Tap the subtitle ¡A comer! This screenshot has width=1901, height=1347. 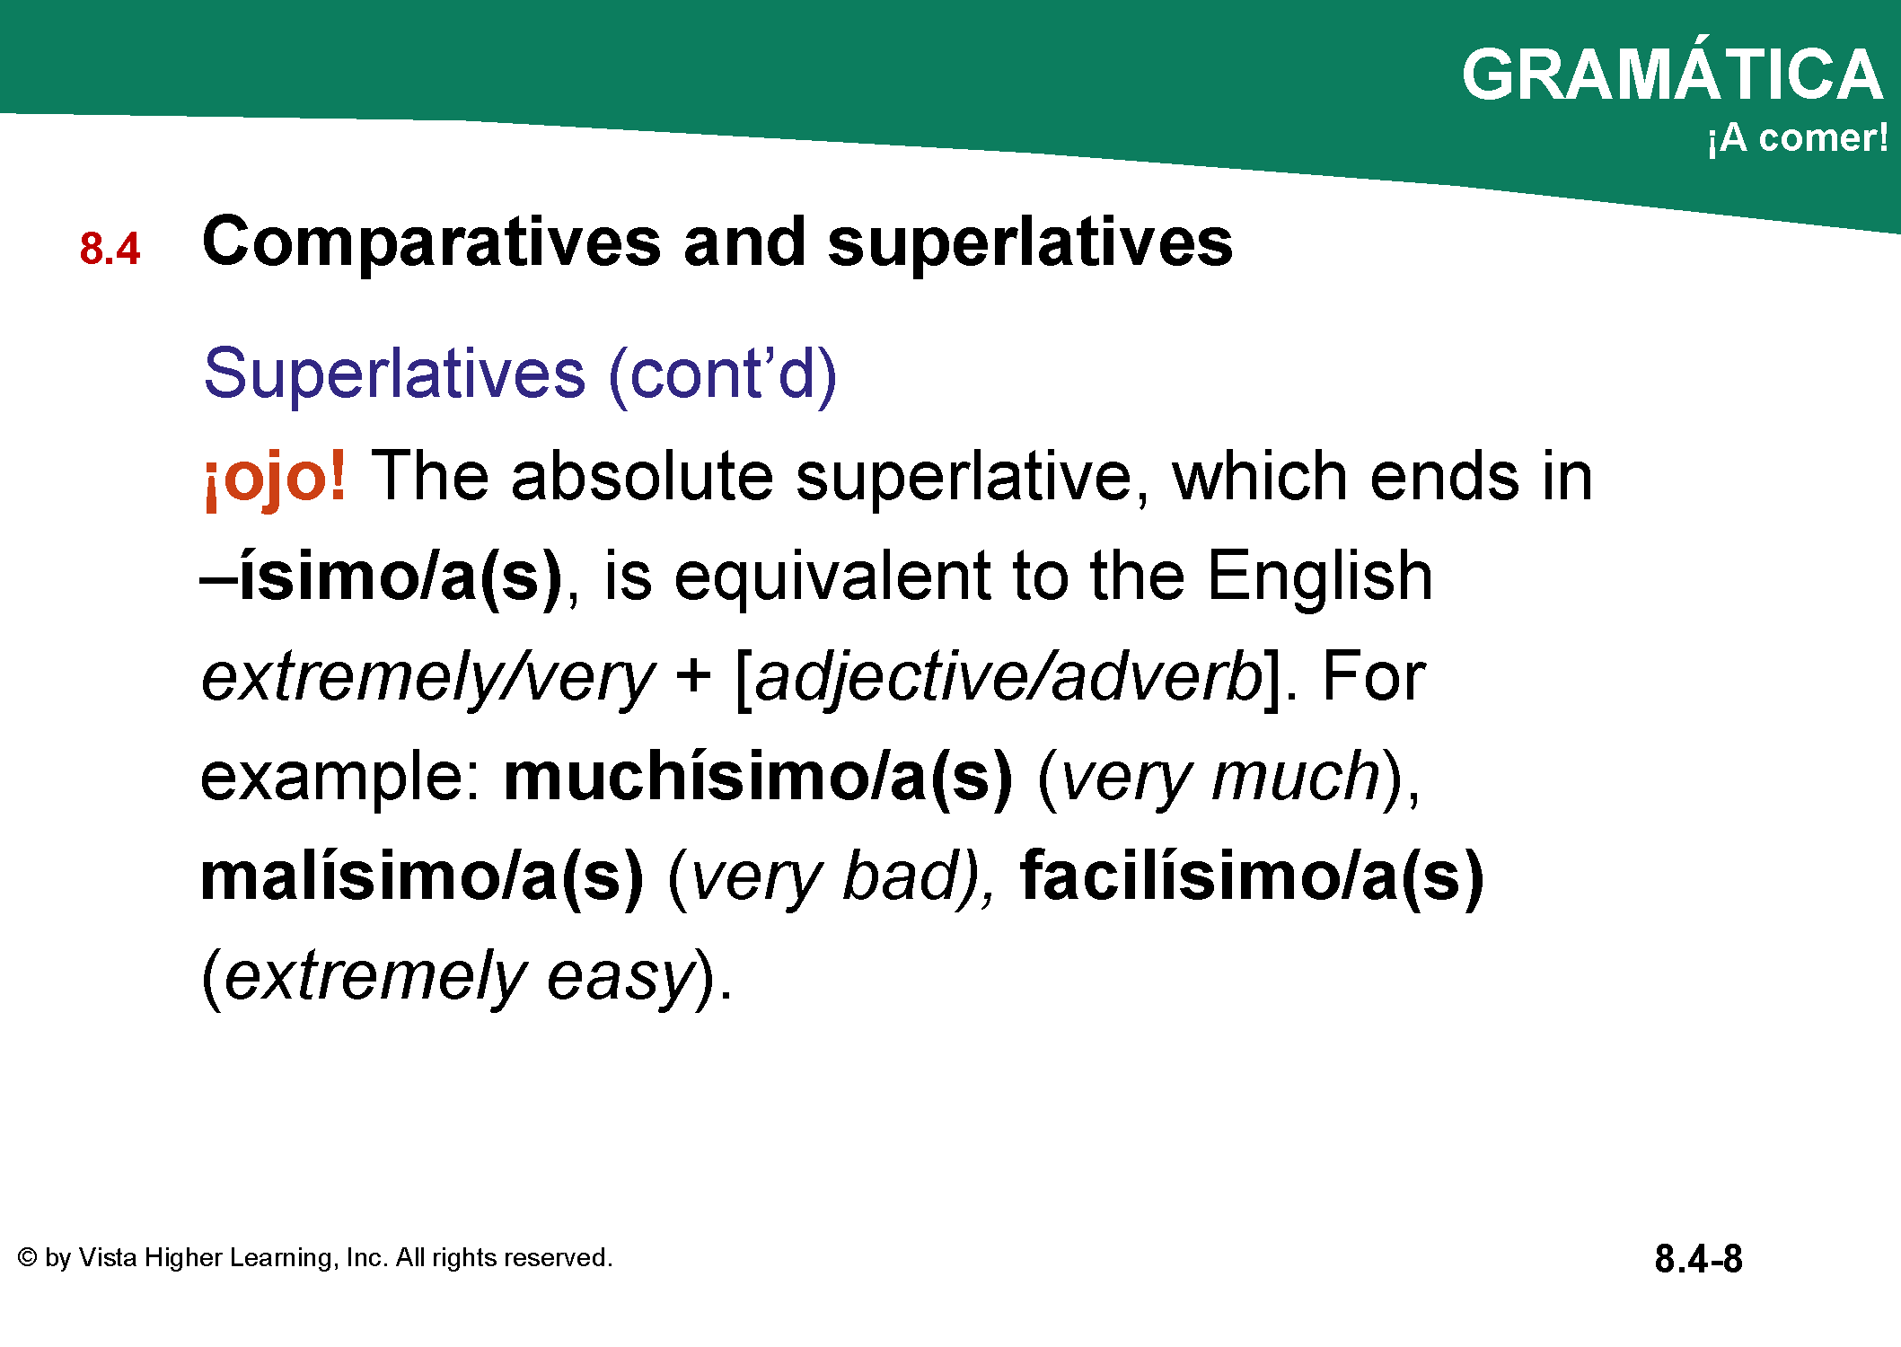point(1798,137)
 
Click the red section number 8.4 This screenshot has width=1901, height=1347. point(110,248)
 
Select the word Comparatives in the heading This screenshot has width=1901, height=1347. point(432,242)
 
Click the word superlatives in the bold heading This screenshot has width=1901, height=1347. point(1030,242)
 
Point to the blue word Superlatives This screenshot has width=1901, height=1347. point(394,373)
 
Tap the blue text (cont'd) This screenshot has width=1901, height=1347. point(723,374)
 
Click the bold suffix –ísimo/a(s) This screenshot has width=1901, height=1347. point(382,577)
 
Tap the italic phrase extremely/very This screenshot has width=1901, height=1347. point(428,679)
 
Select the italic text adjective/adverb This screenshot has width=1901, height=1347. point(1008,679)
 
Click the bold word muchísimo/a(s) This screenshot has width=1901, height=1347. point(758,777)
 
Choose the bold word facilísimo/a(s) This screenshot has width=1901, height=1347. point(1252,877)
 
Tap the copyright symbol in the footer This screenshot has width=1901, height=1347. point(27,1257)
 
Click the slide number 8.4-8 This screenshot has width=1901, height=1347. point(1698,1259)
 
